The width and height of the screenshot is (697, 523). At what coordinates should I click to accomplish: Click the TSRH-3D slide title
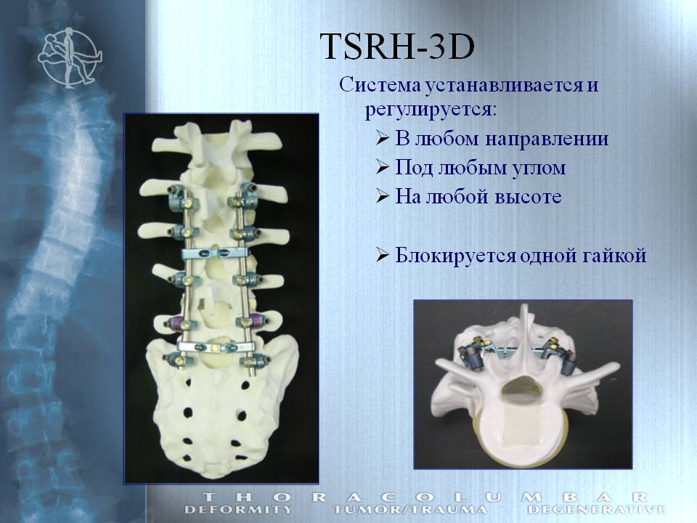pos(397,46)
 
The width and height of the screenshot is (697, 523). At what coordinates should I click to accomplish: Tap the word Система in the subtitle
pos(379,84)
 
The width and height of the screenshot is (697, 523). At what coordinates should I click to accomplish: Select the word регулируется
pos(431,110)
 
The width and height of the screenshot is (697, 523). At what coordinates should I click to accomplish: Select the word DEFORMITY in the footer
pos(239,509)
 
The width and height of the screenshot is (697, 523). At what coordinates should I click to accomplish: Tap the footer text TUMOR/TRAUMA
pos(409,509)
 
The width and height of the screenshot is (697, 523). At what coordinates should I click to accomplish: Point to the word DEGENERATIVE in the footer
pos(596,509)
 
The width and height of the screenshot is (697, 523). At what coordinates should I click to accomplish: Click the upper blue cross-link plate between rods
pos(218,254)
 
